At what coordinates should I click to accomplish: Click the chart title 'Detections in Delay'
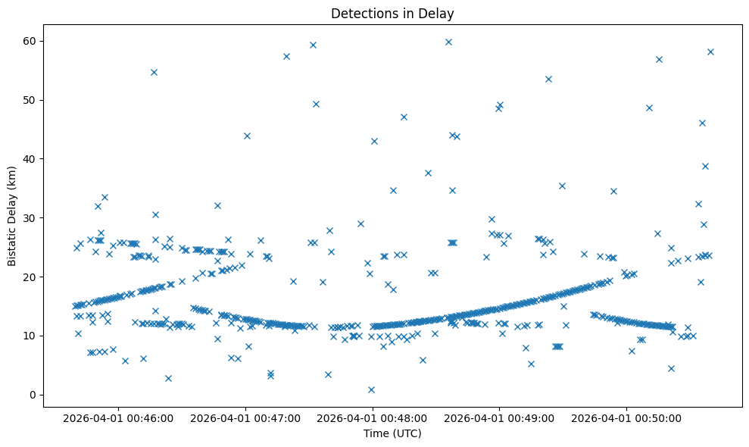392,13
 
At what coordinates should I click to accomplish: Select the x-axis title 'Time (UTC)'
392,433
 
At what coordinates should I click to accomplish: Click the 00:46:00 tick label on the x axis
118,417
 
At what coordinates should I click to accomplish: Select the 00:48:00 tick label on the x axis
373,417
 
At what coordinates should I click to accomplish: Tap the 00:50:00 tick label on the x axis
627,417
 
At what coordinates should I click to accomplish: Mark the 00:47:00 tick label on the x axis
245,417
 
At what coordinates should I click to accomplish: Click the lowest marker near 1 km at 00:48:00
371,389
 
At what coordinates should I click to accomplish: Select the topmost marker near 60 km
448,42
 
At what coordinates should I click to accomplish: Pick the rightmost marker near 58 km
710,52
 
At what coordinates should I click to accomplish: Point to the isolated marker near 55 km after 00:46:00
154,72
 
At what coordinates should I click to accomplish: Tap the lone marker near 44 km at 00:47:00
247,136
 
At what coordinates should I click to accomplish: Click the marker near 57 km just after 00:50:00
659,59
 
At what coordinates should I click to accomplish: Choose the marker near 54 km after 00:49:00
548,79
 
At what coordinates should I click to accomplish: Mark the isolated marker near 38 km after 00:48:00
428,173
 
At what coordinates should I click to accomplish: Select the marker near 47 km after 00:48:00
404,117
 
